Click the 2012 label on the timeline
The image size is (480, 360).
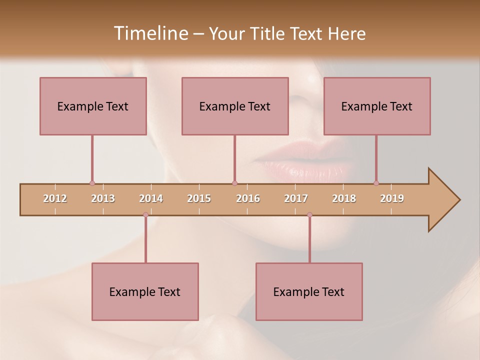pos(55,198)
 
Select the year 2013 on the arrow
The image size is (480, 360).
pos(103,198)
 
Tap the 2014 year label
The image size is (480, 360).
pos(151,198)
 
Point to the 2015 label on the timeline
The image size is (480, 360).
pos(199,198)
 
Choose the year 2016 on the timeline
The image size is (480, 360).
pos(248,198)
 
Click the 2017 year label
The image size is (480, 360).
pos(296,198)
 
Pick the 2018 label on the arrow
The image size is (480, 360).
pos(344,198)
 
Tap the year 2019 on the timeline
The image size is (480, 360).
pos(392,198)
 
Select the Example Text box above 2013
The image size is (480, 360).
pos(93,106)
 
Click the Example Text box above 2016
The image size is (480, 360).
pos(235,106)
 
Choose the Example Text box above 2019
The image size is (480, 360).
pos(377,106)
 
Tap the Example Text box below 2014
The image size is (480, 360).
pos(145,291)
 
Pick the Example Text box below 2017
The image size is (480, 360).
pos(309,291)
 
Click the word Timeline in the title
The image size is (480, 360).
pos(149,33)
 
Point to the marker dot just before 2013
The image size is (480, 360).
pos(92,183)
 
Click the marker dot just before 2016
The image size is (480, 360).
pos(234,183)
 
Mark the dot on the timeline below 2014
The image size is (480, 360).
pos(145,215)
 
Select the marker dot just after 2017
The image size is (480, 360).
pos(309,215)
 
